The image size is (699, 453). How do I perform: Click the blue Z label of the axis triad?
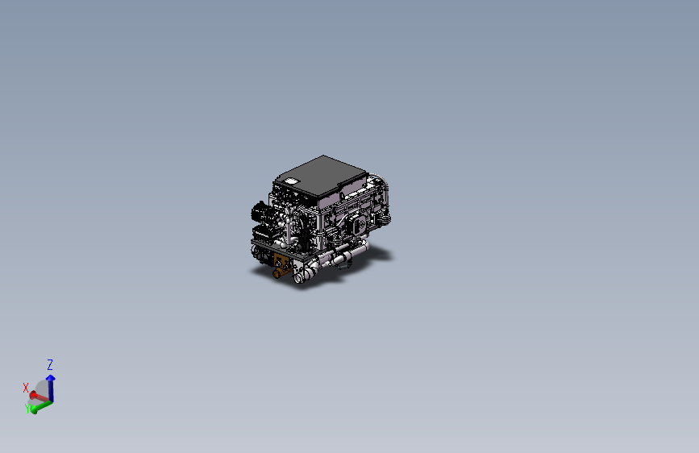[50, 364]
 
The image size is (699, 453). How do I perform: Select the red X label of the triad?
[26, 388]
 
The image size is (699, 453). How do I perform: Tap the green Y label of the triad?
[28, 409]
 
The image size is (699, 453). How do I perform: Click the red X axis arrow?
[36, 396]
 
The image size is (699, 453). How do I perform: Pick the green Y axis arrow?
[38, 405]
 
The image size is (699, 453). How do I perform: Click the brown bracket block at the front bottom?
[283, 262]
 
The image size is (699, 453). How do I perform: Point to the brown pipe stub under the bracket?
[278, 274]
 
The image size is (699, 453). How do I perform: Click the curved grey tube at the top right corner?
[385, 187]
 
